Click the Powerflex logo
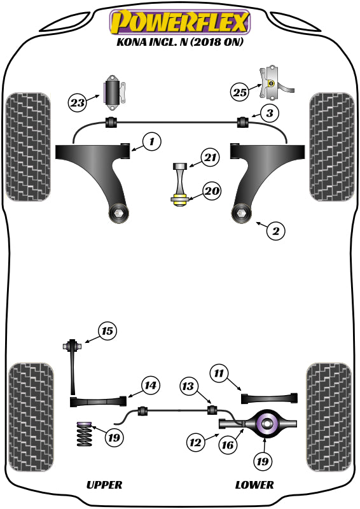click(180, 22)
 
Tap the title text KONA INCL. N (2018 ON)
click(180, 43)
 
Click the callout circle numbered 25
click(239, 92)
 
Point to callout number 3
click(270, 114)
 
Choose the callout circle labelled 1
click(151, 141)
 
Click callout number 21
click(209, 157)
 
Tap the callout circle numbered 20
click(211, 190)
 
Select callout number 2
click(275, 231)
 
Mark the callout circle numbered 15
click(107, 330)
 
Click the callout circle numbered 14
click(149, 385)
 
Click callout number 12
click(195, 440)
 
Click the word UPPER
click(104, 485)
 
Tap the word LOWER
click(254, 485)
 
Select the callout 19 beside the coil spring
click(114, 438)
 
